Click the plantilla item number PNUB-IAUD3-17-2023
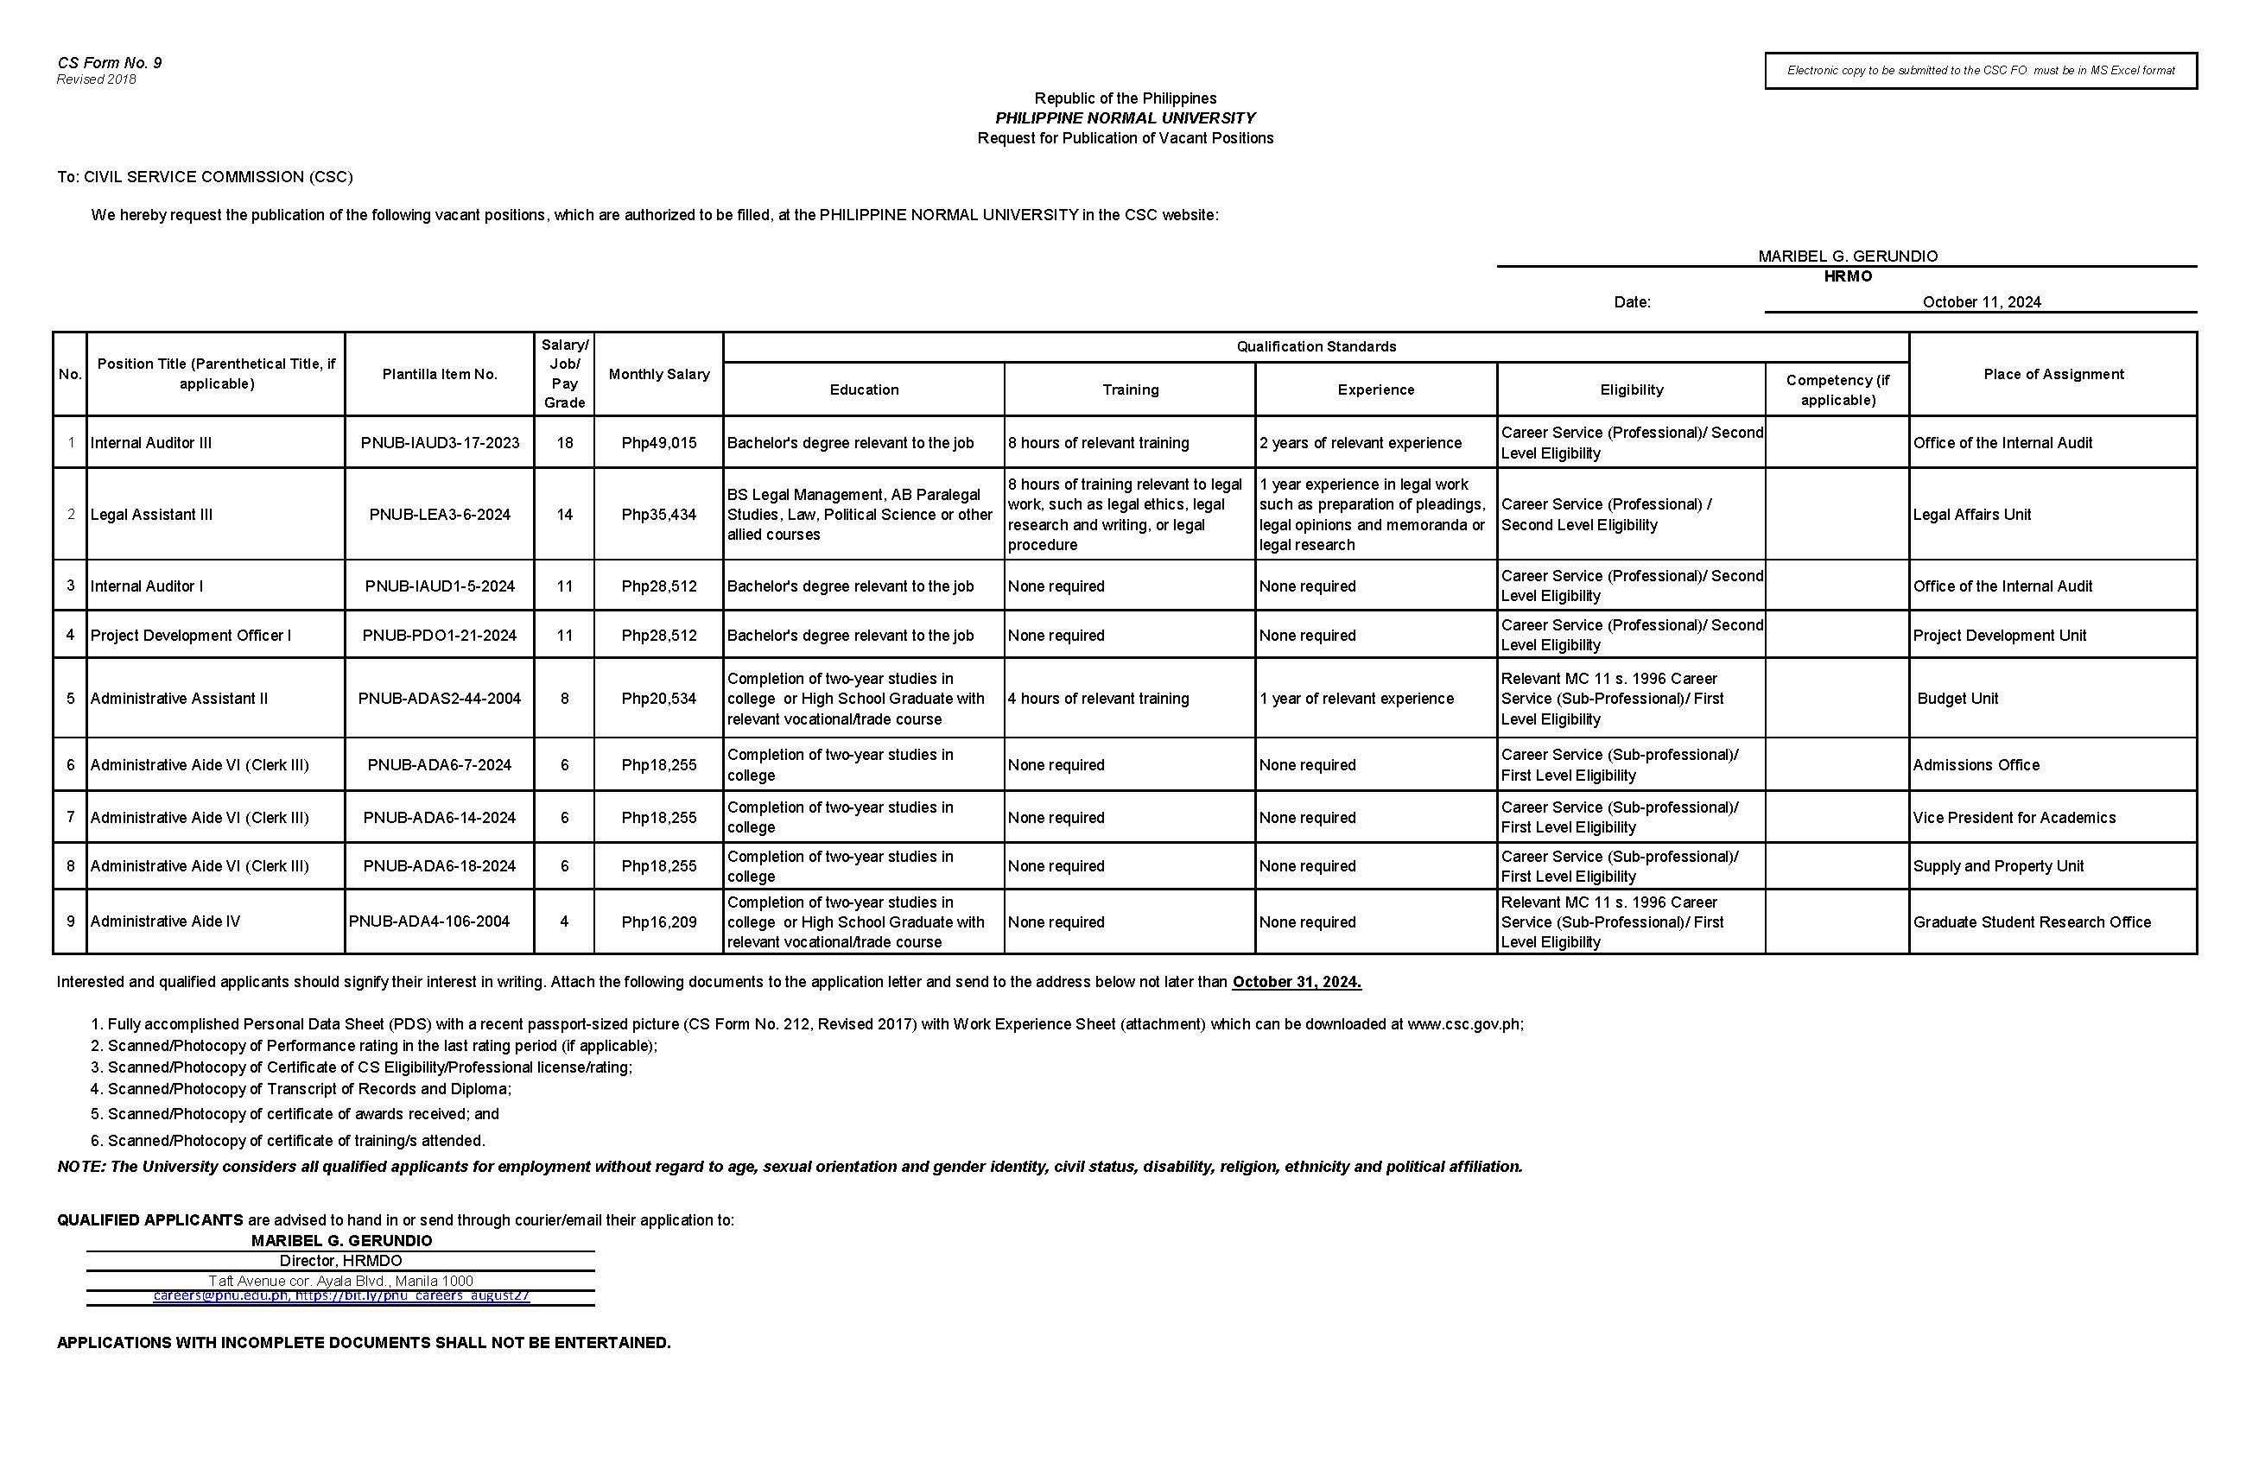tap(440, 442)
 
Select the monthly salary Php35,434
tap(659, 514)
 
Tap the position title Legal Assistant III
tap(151, 514)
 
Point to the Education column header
tap(864, 389)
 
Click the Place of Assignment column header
tap(2053, 374)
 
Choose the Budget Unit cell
tap(1957, 698)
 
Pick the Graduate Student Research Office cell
tap(2032, 921)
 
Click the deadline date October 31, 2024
tap(1297, 981)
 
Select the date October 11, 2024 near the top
tap(1981, 302)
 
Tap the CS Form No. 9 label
tap(110, 62)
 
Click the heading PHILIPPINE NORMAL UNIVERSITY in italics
tap(1125, 118)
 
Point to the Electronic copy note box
tap(1981, 70)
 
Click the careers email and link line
tap(341, 1296)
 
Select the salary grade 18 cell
tap(564, 442)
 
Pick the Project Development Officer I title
tap(191, 635)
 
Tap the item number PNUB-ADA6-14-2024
tap(440, 817)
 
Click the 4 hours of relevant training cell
tap(1099, 698)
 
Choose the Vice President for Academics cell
tap(2014, 817)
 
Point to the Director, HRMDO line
tap(340, 1261)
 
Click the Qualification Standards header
tap(1316, 346)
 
